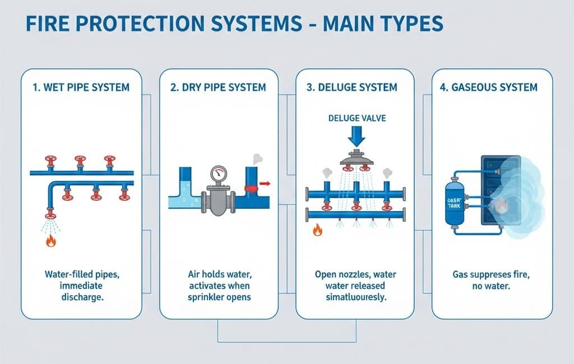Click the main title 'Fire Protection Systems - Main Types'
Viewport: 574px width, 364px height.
(x=234, y=24)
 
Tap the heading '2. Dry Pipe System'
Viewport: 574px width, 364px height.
(x=219, y=87)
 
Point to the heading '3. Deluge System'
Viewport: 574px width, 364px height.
(x=355, y=87)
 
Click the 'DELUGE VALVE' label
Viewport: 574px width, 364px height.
(x=357, y=118)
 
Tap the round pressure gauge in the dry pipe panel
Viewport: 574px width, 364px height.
(x=219, y=175)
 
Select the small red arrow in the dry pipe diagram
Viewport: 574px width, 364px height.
(x=265, y=183)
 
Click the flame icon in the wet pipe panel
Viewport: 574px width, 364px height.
(x=51, y=240)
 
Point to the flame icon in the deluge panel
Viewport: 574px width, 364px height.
(x=317, y=230)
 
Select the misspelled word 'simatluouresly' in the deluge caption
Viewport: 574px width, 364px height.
(x=355, y=297)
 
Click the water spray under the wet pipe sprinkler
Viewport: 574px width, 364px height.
(x=51, y=225)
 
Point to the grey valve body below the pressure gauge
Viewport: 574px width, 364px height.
(x=219, y=199)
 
